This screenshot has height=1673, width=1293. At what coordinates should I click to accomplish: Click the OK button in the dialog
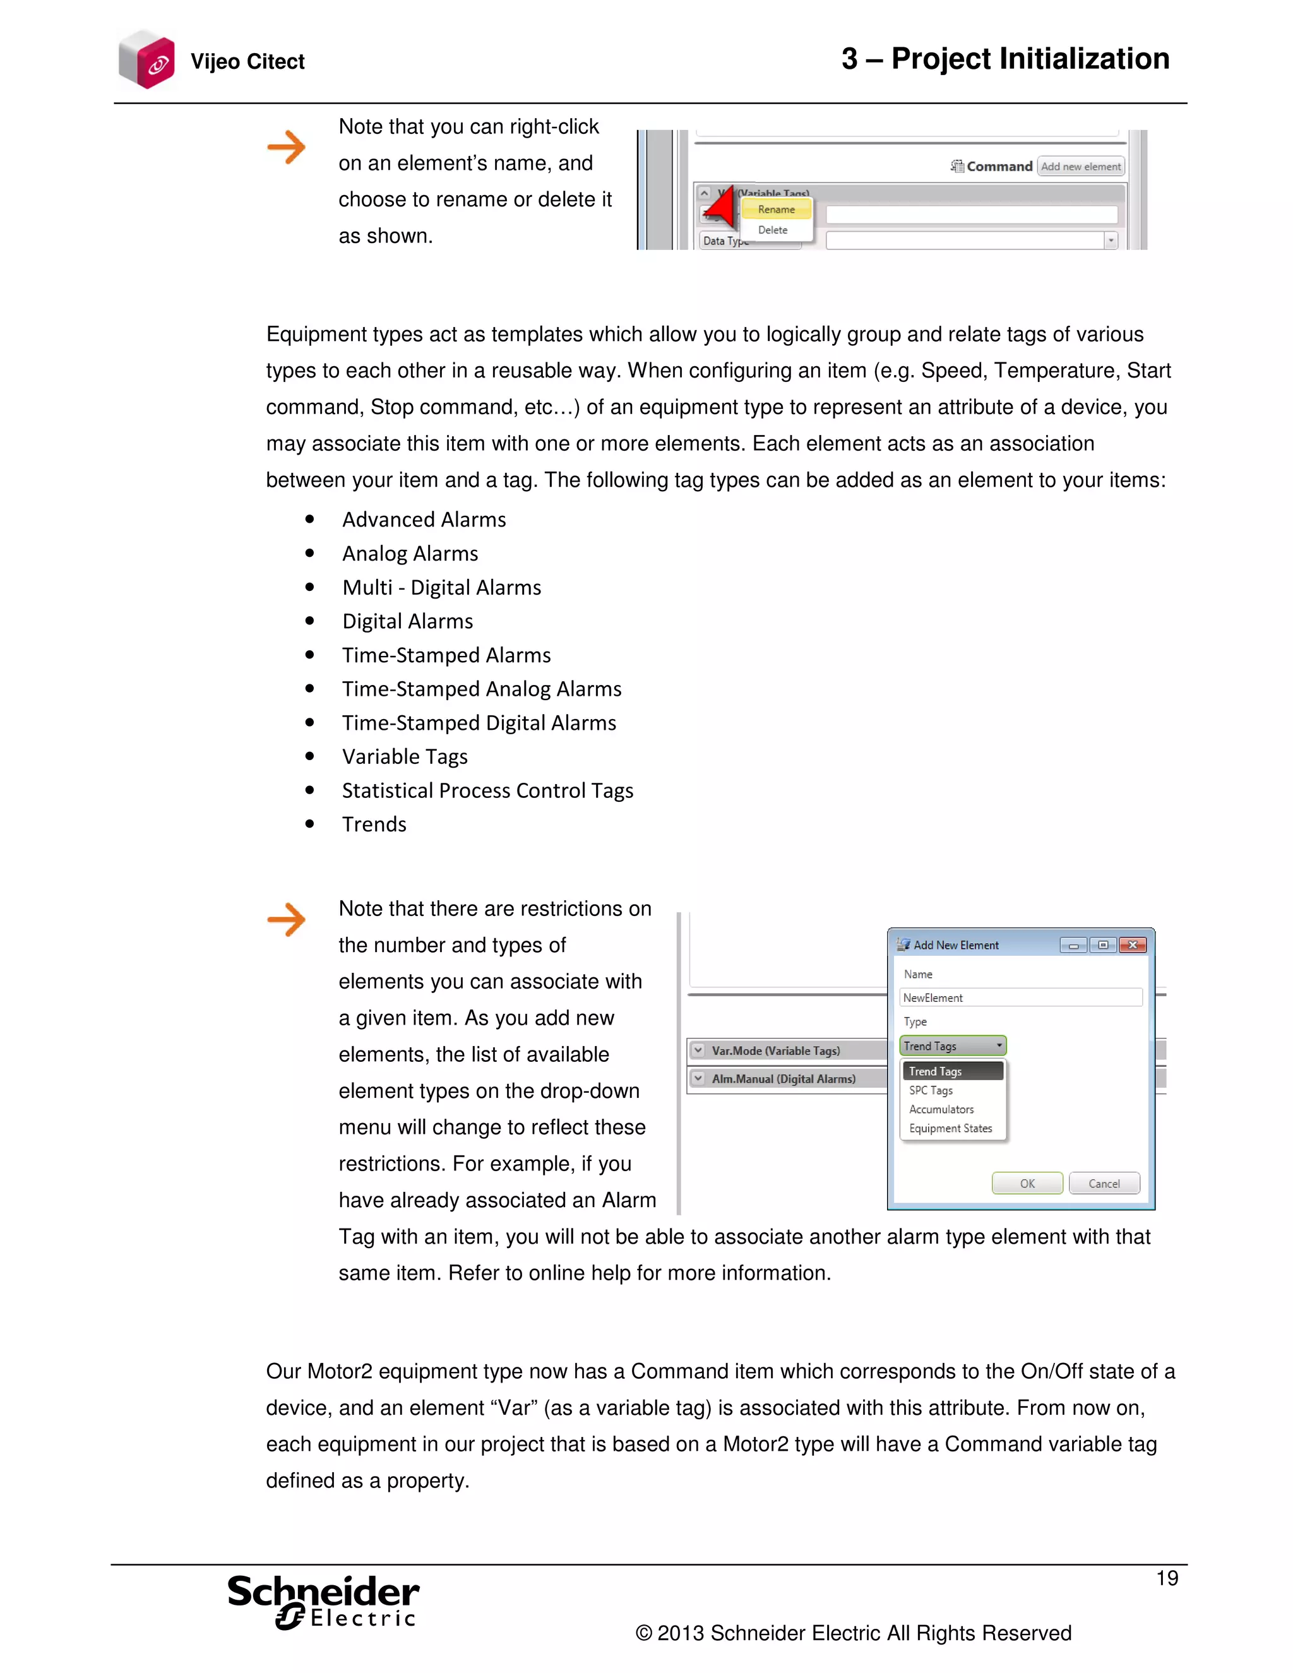point(1027,1184)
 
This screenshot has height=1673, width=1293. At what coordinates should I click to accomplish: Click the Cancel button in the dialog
point(1104,1184)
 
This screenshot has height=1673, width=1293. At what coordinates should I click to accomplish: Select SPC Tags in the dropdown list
point(931,1090)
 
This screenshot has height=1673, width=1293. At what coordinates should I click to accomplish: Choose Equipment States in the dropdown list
point(950,1128)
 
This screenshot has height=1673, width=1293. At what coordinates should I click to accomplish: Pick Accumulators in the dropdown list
point(941,1109)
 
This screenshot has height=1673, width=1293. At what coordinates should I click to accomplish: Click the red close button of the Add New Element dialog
point(1132,945)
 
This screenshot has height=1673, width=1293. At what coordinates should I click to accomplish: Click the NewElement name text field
point(1020,997)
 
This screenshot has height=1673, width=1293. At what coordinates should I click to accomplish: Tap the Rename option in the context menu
point(776,209)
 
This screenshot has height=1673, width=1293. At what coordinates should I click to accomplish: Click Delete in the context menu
point(772,230)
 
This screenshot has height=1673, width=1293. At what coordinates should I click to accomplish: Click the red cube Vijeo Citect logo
point(148,60)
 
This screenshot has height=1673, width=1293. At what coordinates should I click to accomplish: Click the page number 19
point(1167,1578)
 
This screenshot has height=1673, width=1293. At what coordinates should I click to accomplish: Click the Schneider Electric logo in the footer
point(323,1601)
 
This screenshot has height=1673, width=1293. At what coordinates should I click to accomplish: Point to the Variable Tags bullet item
point(405,757)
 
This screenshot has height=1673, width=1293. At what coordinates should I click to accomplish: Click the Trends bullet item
point(374,825)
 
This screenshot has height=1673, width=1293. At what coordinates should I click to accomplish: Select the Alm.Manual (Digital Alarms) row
point(783,1078)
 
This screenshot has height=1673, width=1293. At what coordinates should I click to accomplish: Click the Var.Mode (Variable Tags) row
point(775,1051)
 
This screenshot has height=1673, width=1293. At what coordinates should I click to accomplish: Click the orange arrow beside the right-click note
point(287,147)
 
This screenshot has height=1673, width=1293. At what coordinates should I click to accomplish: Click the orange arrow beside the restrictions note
point(287,919)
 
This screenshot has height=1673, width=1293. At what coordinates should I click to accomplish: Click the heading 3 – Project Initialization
point(1005,59)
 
